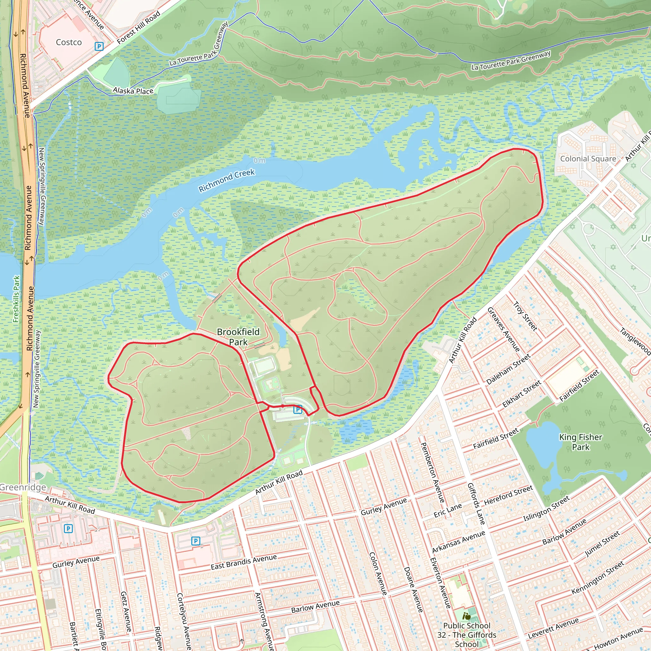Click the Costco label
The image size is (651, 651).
point(69,42)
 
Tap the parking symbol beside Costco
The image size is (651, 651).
point(99,46)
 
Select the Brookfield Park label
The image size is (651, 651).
point(238,337)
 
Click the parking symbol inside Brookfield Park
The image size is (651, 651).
point(298,409)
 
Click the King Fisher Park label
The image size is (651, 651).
point(580,442)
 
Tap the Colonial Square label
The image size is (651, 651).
point(588,159)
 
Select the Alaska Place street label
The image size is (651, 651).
point(133,91)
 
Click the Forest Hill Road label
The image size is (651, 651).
point(139,28)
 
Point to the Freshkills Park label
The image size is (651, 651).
point(16,299)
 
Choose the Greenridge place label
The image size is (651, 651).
point(23,487)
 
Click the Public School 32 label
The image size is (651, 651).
point(467,635)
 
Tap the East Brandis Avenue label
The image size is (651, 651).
point(243,562)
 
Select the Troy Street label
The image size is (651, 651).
point(525,316)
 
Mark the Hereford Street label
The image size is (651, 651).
point(509,495)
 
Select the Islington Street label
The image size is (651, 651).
point(546,509)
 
